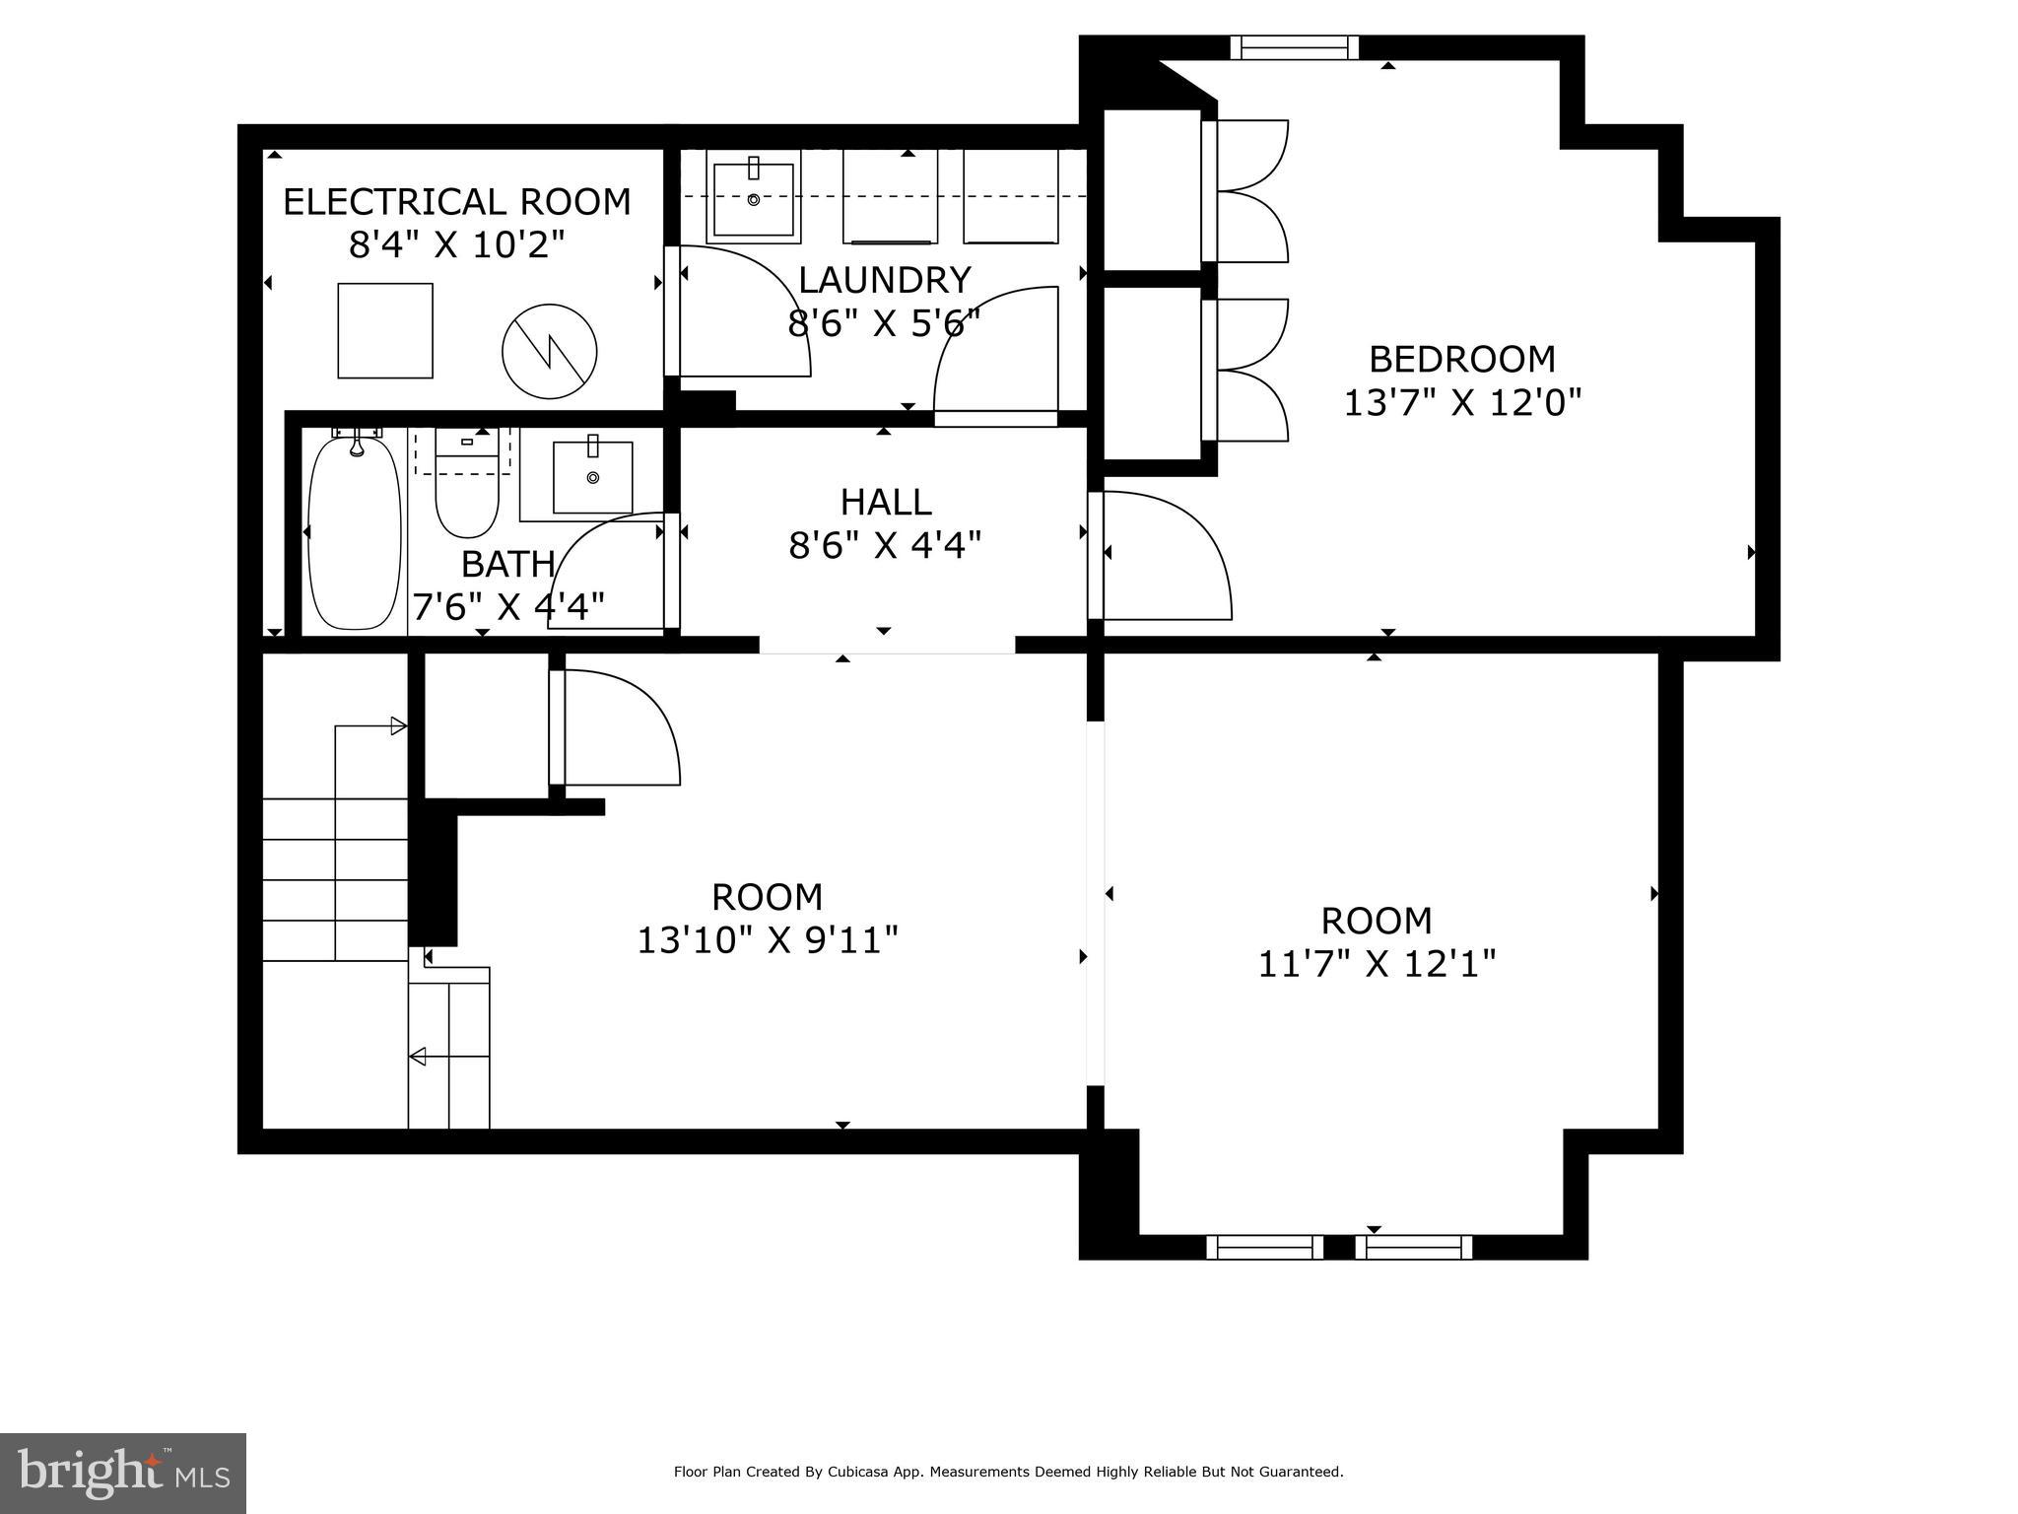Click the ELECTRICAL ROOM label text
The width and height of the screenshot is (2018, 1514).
[x=456, y=202]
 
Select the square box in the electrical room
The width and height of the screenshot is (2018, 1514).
[x=385, y=330]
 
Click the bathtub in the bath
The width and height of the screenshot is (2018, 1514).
[x=355, y=532]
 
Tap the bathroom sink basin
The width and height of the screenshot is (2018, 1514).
[x=592, y=478]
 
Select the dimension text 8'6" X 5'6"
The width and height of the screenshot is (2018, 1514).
[x=884, y=323]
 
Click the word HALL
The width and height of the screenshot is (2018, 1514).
[x=886, y=503]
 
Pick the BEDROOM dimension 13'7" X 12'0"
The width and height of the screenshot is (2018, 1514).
[x=1462, y=402]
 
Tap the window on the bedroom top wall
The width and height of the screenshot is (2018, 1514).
[x=1294, y=47]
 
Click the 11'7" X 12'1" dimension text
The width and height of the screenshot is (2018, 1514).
[x=1377, y=963]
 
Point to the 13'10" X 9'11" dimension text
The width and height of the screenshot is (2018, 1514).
[x=768, y=940]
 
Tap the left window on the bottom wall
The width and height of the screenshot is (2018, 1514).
[x=1265, y=1247]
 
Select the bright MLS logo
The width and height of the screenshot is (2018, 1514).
[x=123, y=1473]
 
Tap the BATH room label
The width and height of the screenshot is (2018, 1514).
[x=507, y=565]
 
